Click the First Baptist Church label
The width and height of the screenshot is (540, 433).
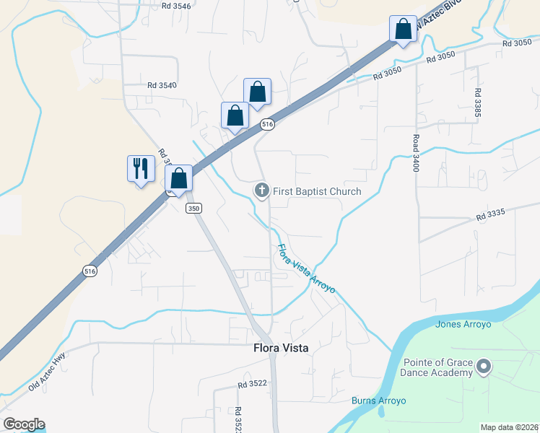click(317, 191)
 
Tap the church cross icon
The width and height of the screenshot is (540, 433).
click(261, 191)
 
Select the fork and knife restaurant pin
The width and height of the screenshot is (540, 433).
click(140, 170)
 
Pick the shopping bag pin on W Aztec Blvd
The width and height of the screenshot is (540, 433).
click(402, 30)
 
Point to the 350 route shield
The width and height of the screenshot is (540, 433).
click(193, 208)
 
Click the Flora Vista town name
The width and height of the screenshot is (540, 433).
click(281, 348)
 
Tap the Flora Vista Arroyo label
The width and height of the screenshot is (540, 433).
click(306, 268)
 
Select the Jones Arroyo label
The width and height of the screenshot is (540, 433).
click(463, 324)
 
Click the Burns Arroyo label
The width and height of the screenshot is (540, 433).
click(379, 401)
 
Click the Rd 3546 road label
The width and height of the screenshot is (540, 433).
click(176, 6)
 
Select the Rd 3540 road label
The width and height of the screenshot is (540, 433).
click(162, 85)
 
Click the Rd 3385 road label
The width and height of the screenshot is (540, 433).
click(477, 104)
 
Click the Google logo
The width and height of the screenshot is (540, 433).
click(24, 424)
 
